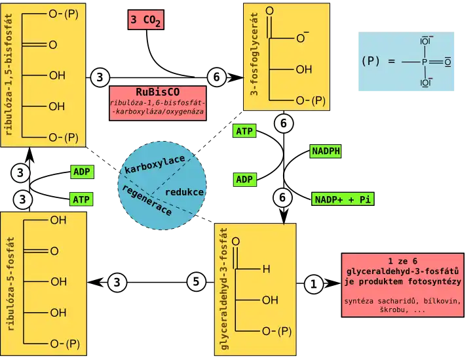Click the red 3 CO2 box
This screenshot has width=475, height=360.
[145, 20]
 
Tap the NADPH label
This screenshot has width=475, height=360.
[326, 151]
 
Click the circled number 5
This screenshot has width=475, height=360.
[196, 282]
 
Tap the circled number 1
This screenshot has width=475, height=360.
[313, 284]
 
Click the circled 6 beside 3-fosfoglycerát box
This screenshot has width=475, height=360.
[217, 77]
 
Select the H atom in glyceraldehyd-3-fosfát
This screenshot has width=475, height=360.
[266, 268]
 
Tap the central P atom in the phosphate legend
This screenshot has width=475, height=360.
[424, 62]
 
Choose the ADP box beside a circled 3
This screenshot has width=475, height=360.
[81, 172]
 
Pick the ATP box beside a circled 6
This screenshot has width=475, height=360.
[244, 130]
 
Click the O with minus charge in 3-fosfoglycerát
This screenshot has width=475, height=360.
[302, 38]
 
